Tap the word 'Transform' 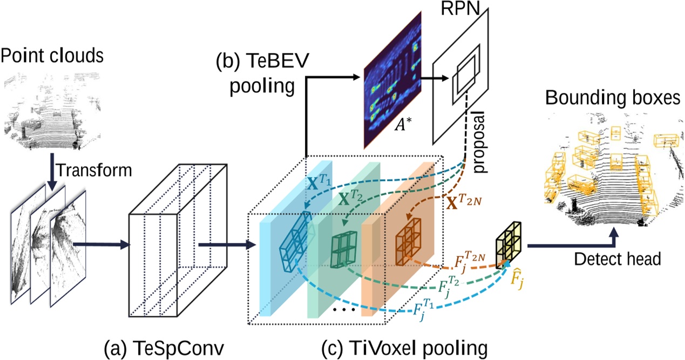tap(94, 170)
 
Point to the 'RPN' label tap(469, 9)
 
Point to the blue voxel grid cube tap(296, 237)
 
